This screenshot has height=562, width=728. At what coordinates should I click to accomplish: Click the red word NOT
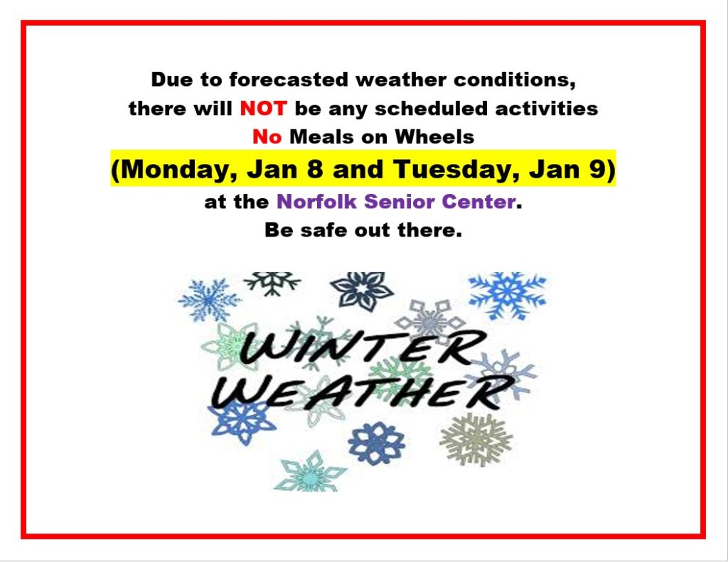[x=263, y=109]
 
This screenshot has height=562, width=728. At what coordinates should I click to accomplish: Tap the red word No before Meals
[x=267, y=137]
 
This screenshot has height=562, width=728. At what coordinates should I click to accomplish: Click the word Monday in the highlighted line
[x=176, y=169]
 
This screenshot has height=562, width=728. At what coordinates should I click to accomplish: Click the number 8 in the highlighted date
[x=315, y=168]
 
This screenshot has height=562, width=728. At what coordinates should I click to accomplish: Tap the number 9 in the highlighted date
[x=598, y=168]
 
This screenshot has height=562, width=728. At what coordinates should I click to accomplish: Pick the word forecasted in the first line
[x=289, y=80]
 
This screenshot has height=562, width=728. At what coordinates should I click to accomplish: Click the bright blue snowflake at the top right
[x=508, y=295]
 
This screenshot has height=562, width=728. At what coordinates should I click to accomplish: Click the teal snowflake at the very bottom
[x=310, y=472]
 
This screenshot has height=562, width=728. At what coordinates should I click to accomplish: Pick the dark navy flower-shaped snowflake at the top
[x=362, y=291]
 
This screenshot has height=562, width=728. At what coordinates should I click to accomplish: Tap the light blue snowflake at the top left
[x=209, y=300]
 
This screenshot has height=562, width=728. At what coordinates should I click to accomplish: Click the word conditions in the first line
[x=515, y=80]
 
